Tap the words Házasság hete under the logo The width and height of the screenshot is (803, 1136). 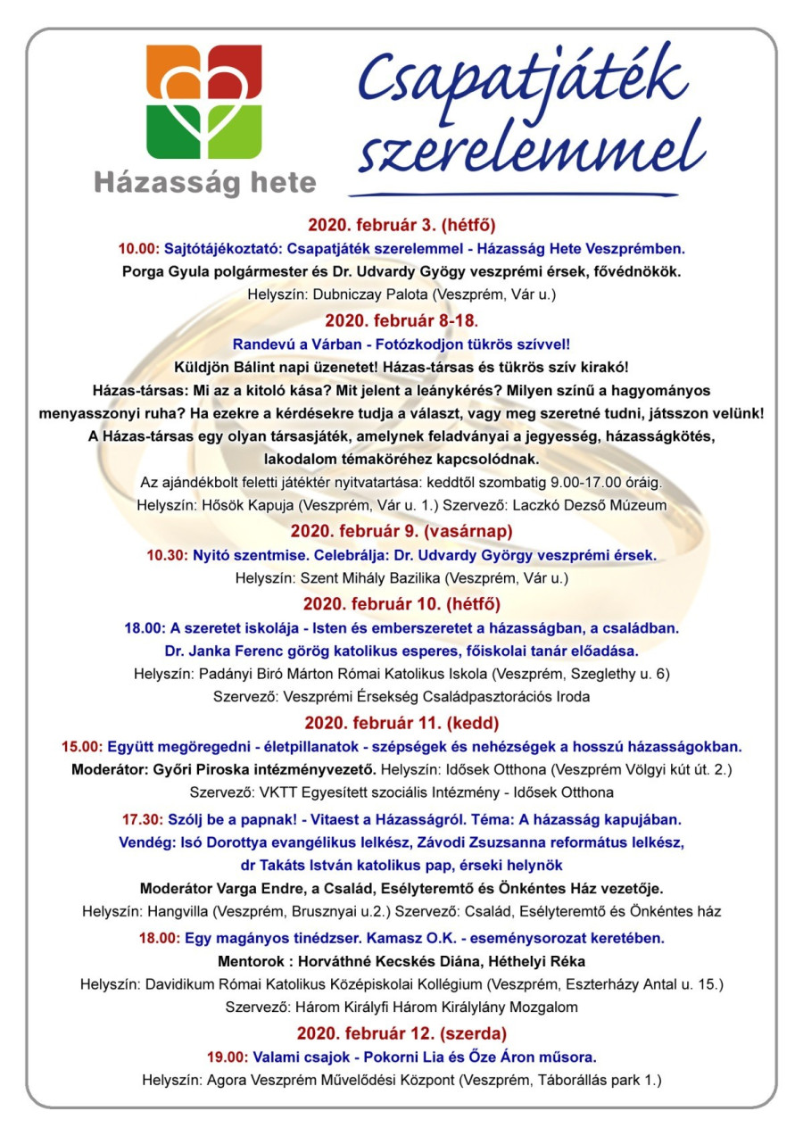point(205,183)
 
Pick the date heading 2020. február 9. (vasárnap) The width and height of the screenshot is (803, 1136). point(401,531)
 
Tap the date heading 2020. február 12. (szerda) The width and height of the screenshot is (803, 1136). point(401,1033)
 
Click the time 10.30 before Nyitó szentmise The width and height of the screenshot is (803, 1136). point(167,555)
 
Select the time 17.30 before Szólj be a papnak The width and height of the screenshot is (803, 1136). point(142,818)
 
